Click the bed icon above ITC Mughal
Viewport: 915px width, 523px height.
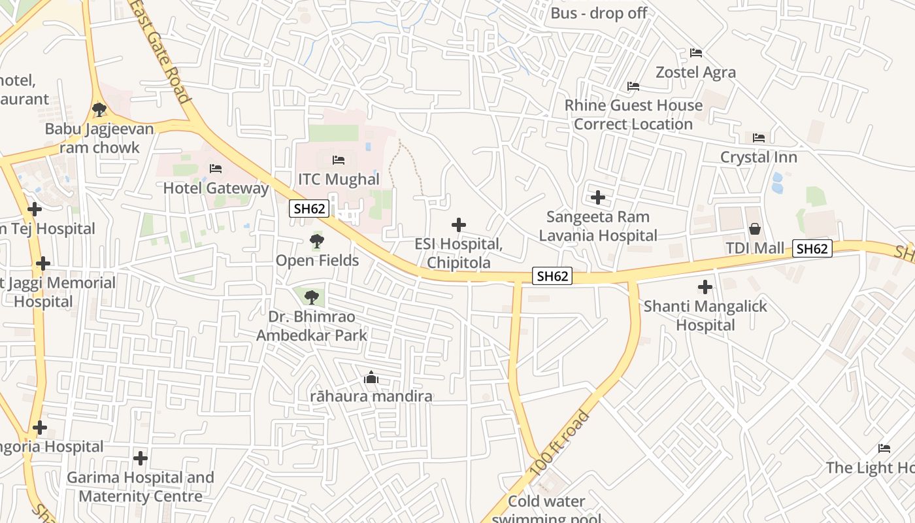[339, 160]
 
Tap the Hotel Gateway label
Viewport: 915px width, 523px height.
[216, 188]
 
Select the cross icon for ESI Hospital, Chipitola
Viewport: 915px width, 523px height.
[459, 225]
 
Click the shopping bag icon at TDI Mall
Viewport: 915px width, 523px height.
[755, 229]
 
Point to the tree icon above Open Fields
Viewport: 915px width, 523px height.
[317, 241]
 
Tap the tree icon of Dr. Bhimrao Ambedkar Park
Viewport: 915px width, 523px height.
[312, 297]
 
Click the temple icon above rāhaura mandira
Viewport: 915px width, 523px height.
[371, 377]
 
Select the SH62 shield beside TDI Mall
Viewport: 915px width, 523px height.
[812, 248]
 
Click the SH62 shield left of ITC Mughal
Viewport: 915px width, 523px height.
[309, 209]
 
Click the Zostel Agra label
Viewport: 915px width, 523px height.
[695, 72]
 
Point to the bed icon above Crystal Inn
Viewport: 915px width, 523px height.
[759, 138]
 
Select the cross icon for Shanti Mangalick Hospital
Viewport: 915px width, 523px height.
[705, 286]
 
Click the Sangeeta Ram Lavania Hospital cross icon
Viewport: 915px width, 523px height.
[597, 197]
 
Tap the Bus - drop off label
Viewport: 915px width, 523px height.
[599, 13]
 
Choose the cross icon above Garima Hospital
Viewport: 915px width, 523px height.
[140, 458]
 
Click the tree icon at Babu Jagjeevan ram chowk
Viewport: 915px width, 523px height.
[99, 109]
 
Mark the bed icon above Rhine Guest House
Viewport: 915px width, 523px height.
[633, 86]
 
